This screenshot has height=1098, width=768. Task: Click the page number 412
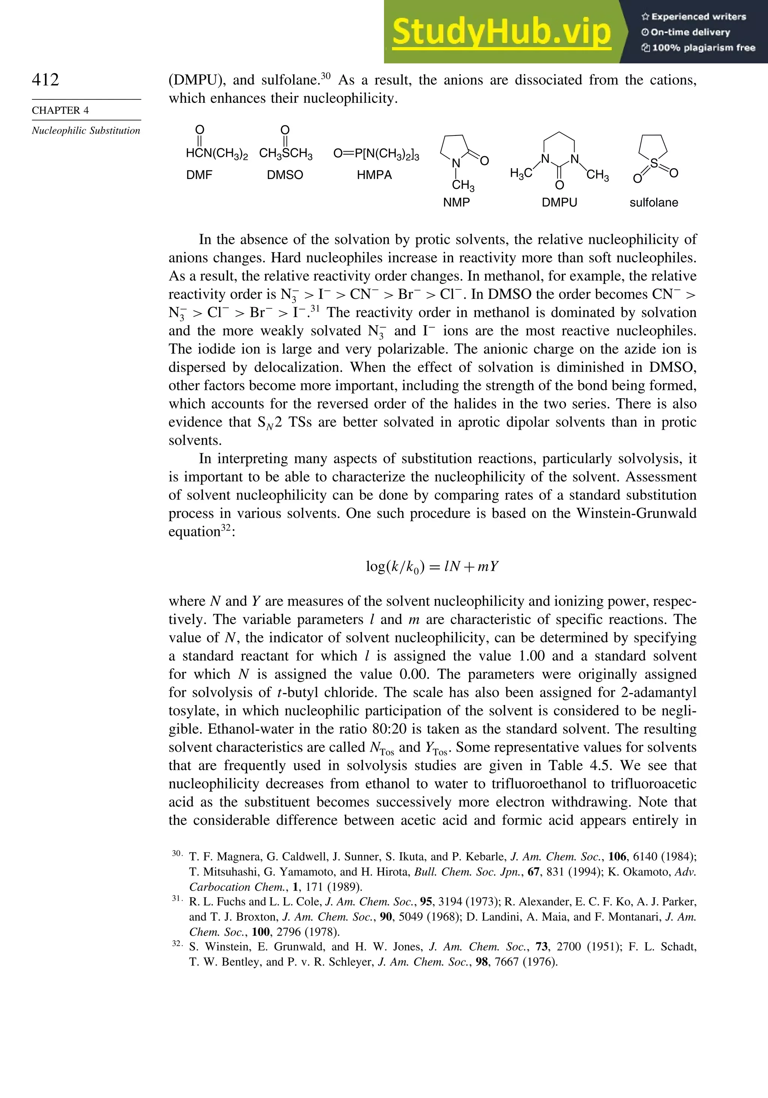pos(45,80)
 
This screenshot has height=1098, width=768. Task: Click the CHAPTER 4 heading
pos(60,110)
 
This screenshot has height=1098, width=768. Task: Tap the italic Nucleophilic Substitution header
pos(86,131)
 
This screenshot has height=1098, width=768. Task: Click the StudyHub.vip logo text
pos(501,32)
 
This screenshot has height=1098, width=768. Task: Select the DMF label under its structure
pos(199,175)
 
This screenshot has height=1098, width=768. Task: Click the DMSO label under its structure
pos(285,175)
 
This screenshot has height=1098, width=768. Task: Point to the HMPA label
pos(374,175)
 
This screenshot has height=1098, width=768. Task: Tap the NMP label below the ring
pos(456,202)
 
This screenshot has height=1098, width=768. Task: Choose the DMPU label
pos(559,202)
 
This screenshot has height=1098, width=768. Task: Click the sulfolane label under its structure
pos(654,202)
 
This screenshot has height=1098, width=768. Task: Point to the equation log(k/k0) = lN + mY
pos(432,567)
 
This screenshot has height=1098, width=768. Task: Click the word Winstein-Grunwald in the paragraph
pos(636,513)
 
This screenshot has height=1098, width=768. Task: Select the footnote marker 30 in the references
pos(177,853)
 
